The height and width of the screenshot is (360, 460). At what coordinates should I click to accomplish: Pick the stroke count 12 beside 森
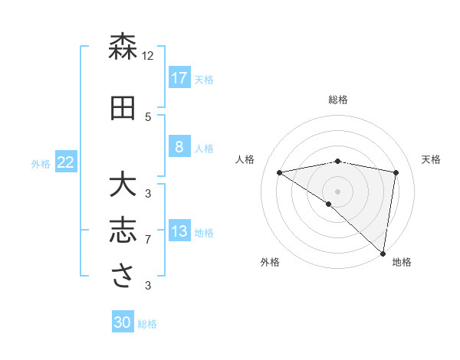click(x=148, y=55)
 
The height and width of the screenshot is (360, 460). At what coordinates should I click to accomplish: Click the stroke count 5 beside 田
click(x=148, y=116)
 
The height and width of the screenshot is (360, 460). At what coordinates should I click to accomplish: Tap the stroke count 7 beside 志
click(x=148, y=240)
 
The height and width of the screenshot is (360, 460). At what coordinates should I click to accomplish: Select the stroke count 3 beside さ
click(x=148, y=286)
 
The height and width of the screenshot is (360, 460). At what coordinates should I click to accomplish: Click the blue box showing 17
click(x=179, y=77)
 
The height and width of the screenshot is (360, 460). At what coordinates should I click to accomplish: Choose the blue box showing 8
click(x=179, y=147)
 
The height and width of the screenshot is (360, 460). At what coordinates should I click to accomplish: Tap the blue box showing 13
click(x=179, y=231)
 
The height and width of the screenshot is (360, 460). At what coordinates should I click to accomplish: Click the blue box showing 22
click(x=66, y=162)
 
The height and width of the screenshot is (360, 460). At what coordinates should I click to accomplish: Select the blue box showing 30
click(x=123, y=323)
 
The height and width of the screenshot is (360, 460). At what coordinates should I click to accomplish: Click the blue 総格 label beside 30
click(x=148, y=324)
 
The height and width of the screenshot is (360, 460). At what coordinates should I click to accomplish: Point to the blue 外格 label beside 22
click(x=41, y=163)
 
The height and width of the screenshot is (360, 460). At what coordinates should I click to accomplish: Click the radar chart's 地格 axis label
click(x=402, y=262)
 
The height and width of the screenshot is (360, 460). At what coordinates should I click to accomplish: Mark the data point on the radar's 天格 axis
click(x=396, y=172)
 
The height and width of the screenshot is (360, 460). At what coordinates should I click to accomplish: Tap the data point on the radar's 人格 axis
click(x=279, y=172)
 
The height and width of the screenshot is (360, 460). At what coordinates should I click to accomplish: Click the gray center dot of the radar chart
click(x=337, y=191)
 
